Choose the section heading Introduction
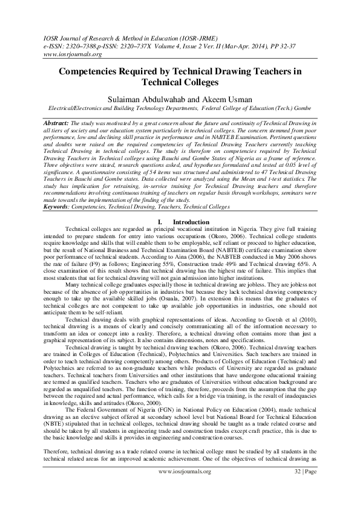tap(191, 223)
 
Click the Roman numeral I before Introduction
tap(158, 223)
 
